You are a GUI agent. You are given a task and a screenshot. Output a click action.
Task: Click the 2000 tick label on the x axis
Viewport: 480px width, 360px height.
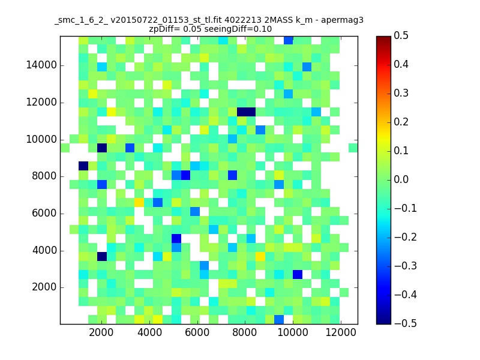coord(101,332)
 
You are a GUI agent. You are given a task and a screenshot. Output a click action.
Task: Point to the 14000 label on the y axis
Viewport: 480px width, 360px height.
coord(41,65)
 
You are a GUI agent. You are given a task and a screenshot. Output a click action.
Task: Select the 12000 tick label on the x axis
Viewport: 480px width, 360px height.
coord(341,332)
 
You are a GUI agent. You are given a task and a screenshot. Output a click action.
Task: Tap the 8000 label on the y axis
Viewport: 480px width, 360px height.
coord(44,176)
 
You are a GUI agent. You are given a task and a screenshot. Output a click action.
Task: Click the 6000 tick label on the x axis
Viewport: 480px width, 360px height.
coord(197,332)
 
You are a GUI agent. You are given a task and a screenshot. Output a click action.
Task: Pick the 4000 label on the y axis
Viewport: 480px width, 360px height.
coord(44,250)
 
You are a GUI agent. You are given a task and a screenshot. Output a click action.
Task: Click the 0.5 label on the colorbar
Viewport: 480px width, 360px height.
coord(401,35)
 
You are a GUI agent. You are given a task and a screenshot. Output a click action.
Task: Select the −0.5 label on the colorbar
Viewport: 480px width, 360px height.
coord(406,323)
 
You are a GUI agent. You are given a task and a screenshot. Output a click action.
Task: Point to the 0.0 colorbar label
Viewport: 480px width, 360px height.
coord(401,179)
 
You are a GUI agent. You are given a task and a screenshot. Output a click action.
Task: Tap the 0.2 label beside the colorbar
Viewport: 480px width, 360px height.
coord(401,122)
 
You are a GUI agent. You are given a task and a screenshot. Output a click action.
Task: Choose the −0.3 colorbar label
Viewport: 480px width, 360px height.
coord(406,266)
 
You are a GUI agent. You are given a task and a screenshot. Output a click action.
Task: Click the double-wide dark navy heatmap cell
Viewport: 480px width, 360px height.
coord(246,112)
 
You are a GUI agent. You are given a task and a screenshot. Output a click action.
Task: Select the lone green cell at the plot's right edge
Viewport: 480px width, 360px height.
coord(353,148)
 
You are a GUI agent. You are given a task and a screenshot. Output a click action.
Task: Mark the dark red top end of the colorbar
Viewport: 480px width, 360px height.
coord(383,38)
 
